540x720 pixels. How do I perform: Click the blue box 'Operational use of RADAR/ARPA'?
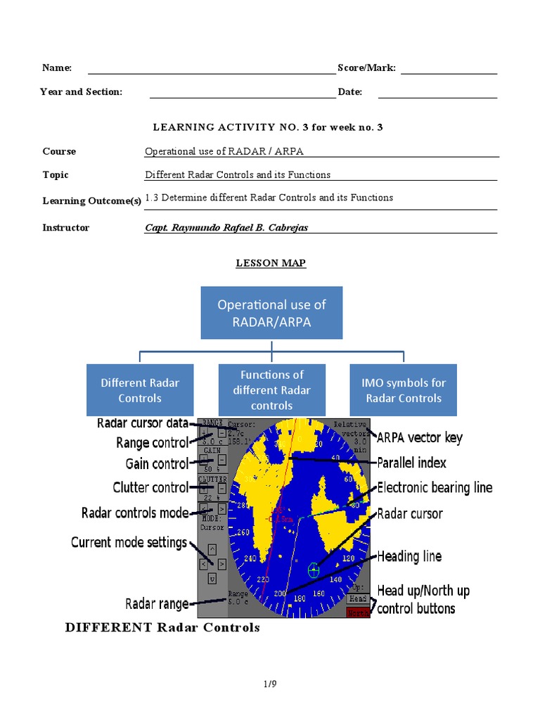(271, 312)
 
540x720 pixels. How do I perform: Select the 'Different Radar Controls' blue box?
(140, 390)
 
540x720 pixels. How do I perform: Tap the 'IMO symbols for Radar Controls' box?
(404, 390)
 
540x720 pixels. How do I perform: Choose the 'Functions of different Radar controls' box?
(271, 390)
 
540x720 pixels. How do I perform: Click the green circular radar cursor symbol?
(314, 571)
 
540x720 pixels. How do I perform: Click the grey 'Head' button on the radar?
(358, 598)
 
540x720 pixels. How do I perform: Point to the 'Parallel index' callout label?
(411, 463)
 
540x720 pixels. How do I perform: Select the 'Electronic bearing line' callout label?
(435, 488)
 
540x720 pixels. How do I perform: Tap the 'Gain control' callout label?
(157, 464)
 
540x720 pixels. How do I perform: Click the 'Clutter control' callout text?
(150, 488)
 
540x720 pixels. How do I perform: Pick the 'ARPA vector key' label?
(419, 438)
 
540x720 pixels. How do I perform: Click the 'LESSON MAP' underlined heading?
(270, 263)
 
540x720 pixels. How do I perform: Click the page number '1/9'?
(270, 683)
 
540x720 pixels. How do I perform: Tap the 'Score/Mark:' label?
(366, 68)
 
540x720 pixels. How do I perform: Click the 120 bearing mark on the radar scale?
(347, 558)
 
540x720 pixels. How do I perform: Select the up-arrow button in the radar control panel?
(212, 548)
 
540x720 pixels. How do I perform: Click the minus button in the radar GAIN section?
(221, 460)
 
